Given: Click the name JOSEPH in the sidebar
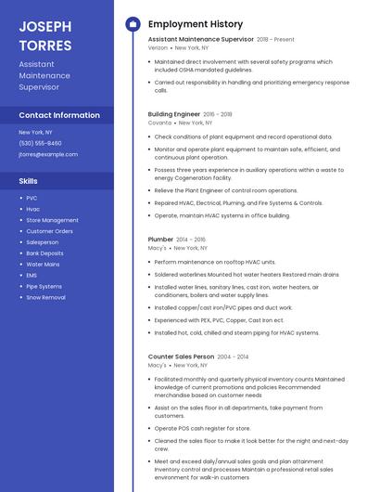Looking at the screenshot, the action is (44, 25).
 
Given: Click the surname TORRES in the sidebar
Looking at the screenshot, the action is (44, 45).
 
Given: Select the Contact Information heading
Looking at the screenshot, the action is (59, 115).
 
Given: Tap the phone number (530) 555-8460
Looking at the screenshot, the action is (40, 143).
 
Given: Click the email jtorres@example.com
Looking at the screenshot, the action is (48, 154).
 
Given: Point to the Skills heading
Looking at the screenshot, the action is (29, 181).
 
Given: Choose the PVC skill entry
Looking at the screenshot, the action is (32, 198).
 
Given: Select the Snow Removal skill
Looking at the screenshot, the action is (45, 298).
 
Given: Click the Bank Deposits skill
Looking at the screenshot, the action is (44, 253).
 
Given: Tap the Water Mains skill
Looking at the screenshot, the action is (43, 265).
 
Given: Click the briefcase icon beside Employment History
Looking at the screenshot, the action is (133, 24).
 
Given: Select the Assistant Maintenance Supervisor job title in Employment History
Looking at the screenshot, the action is (200, 40).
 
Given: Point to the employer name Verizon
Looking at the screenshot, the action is (158, 47).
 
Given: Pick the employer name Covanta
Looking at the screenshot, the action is (159, 123).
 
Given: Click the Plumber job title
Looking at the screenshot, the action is (161, 240).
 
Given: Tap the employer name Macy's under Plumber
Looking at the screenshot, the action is (158, 248).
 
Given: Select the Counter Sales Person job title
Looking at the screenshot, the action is (182, 356).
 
